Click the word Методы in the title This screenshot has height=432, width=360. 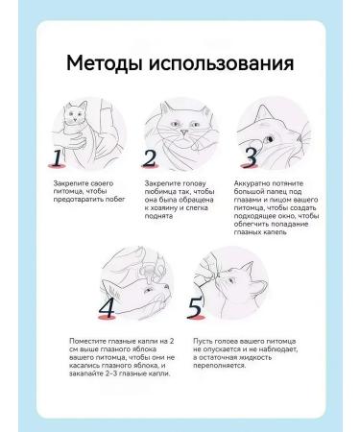pos(108,65)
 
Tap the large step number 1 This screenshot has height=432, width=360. pos(59,159)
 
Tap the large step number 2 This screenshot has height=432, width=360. pos(151,159)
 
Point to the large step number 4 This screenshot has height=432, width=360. pos(108,307)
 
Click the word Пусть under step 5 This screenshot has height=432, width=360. pos(202,340)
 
